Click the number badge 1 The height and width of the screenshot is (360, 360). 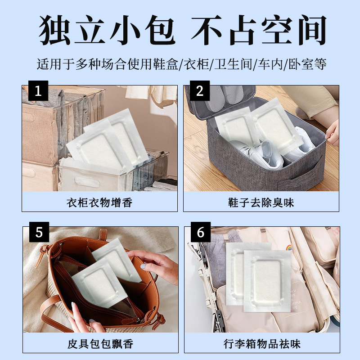(38, 91)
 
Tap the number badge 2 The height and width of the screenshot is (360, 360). (199, 91)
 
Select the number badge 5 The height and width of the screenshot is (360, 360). (39, 232)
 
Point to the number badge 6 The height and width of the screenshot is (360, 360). (200, 232)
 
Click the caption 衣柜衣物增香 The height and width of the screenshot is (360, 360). (99, 203)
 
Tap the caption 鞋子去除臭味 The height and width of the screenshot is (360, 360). (261, 203)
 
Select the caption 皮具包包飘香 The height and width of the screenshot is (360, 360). (100, 344)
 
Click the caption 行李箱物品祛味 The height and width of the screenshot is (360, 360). (262, 344)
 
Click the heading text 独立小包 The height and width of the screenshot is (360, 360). (107, 30)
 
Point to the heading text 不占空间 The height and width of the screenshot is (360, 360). (259, 30)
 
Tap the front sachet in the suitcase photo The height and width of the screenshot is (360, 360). (267, 281)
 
